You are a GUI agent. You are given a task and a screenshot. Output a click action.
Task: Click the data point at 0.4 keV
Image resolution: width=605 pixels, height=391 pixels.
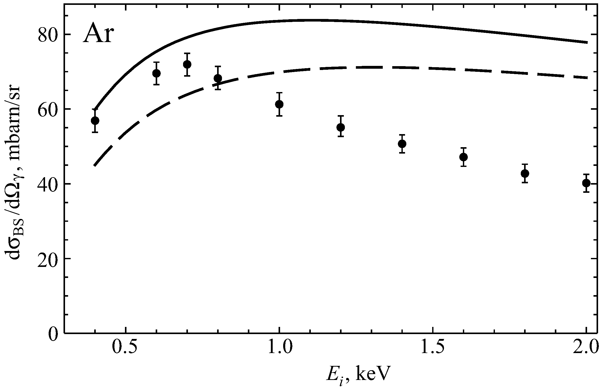95,121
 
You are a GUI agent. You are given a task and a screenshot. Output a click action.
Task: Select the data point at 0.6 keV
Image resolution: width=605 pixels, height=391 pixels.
156,73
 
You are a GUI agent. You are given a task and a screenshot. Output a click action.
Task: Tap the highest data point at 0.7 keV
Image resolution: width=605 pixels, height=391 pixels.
187,64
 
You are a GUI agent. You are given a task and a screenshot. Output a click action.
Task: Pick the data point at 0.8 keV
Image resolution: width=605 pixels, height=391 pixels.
218,78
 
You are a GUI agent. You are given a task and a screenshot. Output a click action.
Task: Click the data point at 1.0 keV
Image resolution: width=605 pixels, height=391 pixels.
279,104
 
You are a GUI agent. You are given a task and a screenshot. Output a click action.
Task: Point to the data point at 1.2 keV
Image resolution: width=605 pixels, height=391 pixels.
341,127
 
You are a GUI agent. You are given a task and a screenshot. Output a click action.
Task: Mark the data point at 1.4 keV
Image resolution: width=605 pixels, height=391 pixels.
402,144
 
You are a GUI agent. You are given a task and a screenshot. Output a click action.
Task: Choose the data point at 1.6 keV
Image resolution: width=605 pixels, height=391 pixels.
463,157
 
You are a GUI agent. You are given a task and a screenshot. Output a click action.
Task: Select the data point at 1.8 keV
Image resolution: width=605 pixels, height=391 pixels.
525,173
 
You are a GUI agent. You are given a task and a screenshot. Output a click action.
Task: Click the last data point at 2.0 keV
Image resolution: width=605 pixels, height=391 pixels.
586,183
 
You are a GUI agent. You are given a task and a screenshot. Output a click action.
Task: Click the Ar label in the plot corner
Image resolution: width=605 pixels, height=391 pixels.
98,35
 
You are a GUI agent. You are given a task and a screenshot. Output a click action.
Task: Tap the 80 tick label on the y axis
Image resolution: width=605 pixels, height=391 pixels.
47,35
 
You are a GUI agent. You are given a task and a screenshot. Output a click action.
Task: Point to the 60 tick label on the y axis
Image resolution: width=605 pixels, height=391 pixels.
47,109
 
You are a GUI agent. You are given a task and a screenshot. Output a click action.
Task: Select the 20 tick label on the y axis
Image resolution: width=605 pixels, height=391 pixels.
47,259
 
